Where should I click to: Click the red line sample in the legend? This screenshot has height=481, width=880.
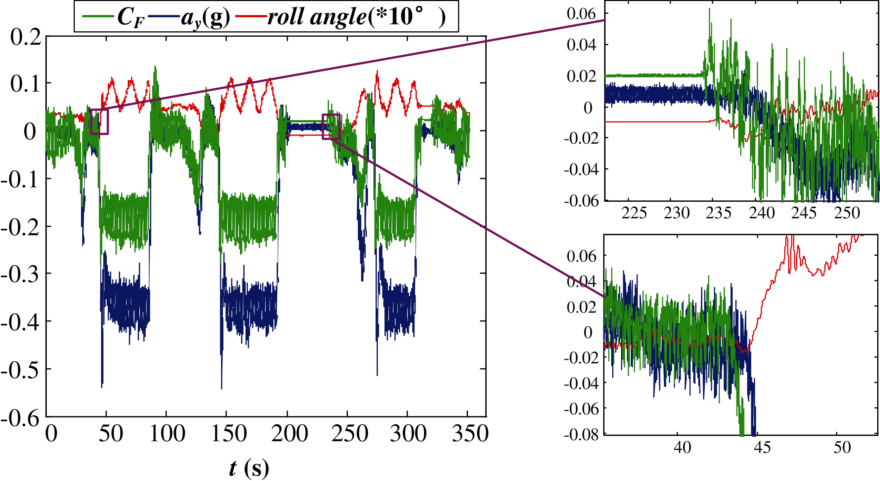251,16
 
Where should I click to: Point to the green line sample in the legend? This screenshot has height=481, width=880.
98,16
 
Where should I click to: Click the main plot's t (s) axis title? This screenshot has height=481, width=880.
249,468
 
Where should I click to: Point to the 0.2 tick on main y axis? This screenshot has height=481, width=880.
26,37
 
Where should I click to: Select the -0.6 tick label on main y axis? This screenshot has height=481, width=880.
20,418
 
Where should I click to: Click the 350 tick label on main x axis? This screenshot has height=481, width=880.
470,433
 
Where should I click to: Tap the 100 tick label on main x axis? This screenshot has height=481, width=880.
167,433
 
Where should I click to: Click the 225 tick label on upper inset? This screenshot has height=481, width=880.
634,213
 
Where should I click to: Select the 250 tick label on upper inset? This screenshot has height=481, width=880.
847,213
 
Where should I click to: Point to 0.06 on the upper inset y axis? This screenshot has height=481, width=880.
581,14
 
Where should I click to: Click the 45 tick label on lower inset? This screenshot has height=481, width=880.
762,447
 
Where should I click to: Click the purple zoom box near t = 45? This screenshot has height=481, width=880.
99,122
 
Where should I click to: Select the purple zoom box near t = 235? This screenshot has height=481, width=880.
331,127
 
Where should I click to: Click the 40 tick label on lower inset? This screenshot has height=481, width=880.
682,447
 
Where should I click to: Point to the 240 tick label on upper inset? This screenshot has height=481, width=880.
762,213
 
